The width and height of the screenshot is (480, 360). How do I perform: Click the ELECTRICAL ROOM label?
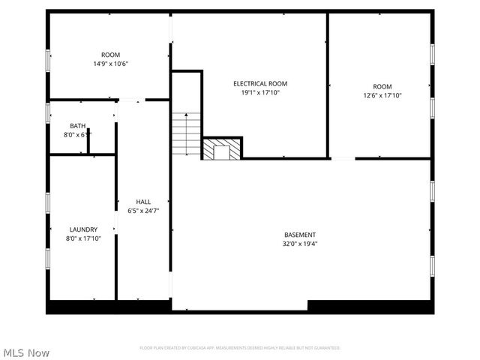259,83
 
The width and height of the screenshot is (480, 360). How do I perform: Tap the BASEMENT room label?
294,235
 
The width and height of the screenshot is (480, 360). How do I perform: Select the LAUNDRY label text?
83,229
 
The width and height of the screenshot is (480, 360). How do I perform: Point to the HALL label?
142,202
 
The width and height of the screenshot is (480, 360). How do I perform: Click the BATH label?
77,125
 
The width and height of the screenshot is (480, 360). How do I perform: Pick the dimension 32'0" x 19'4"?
294,244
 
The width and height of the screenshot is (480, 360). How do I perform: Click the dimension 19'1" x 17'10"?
259,92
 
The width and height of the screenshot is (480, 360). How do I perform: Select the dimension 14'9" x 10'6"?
110,64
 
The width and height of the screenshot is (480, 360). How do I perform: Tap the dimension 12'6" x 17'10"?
382,95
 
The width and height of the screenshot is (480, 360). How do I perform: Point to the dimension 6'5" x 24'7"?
142,211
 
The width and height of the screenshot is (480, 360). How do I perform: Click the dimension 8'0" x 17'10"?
83,238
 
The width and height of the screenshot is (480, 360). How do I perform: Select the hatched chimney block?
222,148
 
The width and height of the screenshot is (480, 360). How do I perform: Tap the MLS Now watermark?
27,352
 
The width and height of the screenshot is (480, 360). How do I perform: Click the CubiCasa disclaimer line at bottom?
240,348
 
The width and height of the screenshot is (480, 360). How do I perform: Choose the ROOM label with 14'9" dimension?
110,55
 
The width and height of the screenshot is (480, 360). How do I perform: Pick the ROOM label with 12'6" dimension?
382,86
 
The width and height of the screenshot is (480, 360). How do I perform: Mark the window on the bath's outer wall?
48,112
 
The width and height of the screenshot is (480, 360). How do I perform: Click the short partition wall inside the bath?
88,141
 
